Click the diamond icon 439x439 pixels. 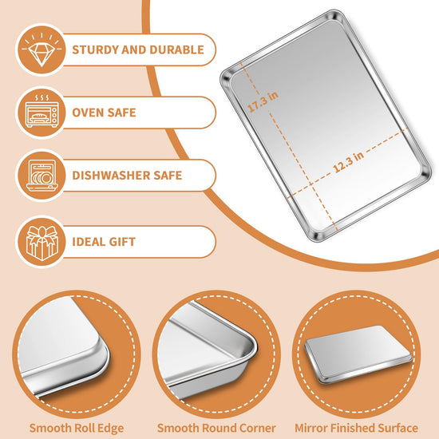[42, 49]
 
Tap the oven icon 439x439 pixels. [42, 112]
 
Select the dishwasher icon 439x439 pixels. [42, 176]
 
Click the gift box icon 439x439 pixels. [42, 243]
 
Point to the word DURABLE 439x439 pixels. [176, 49]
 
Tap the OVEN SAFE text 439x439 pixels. [104, 113]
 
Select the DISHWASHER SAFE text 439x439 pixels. [127, 176]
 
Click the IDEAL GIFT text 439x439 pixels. [104, 242]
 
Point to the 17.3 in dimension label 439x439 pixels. [263, 101]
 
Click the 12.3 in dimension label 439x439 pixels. [349, 161]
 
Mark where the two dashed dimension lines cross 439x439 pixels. [311, 184]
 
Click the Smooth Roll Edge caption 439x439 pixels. [77, 428]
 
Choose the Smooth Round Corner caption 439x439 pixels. [216, 428]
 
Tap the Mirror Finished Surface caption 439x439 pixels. [357, 428]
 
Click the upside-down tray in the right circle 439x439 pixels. [358, 354]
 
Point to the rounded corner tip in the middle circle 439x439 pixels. [254, 348]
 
